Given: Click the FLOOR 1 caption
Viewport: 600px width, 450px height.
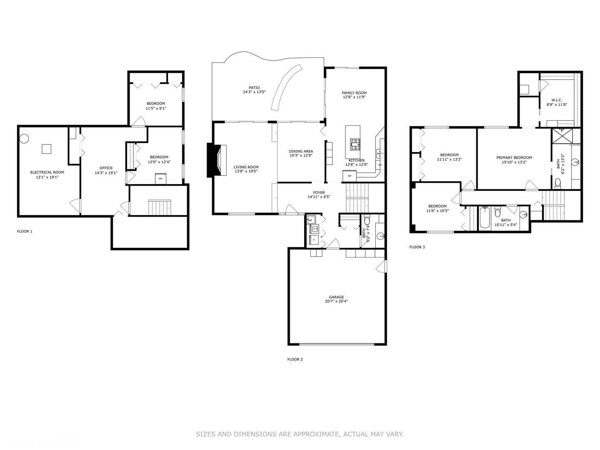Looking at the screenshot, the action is coord(25,231).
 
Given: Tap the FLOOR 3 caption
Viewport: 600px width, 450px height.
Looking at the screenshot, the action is coord(417,247).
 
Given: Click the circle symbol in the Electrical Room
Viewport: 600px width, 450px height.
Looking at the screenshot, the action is coord(24,138).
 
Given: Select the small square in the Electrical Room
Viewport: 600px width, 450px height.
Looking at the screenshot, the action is coord(47,149).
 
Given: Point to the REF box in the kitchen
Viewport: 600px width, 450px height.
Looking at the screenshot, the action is coord(350,176).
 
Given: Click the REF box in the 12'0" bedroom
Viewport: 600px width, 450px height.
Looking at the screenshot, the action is coord(160,179).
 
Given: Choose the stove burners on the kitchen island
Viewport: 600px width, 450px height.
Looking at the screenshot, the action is coord(355,145).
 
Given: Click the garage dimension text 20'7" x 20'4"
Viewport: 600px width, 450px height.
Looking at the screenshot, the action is coord(336,301).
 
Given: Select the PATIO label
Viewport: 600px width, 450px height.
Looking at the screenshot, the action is coord(254,87).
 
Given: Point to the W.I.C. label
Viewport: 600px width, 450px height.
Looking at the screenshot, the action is coord(557,100).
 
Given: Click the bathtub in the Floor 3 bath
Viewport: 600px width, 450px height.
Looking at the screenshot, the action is coord(485,217).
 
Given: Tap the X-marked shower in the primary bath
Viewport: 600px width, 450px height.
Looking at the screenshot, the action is coord(562,136).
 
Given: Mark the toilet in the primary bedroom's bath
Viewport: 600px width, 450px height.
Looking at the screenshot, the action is coord(557,183).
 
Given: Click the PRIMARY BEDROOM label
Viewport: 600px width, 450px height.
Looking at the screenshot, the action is coord(514,157).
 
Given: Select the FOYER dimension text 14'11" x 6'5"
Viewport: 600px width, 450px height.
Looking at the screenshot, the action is coord(319,197).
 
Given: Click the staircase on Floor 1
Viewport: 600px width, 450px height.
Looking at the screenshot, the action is coord(160,207).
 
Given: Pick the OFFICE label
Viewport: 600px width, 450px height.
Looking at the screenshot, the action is coord(106,168).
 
